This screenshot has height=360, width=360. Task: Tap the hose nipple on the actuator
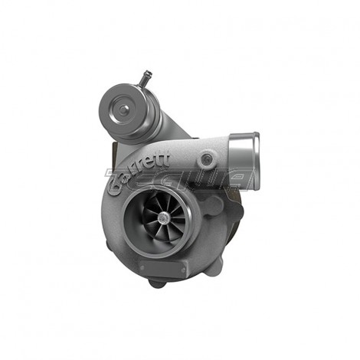point(146,77)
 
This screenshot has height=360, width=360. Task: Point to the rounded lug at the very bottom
point(159,282)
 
